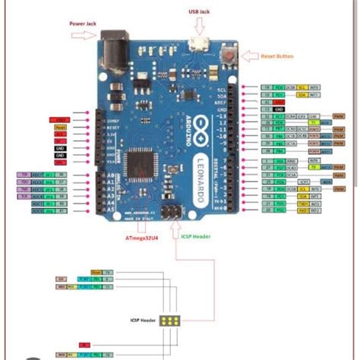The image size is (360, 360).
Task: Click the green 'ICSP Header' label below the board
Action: click(194, 235)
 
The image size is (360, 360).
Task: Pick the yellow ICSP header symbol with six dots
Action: click(174, 321)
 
